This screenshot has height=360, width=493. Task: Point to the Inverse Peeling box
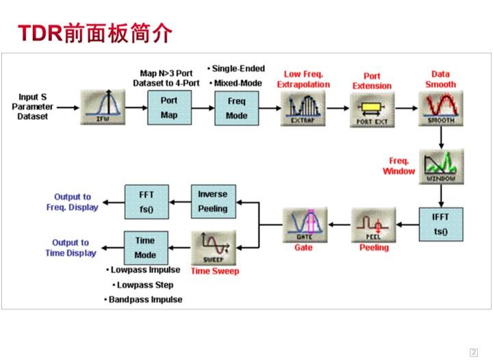213,200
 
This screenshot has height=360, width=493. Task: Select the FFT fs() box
146,200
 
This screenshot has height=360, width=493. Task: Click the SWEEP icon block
213,248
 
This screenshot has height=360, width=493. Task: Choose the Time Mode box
146,247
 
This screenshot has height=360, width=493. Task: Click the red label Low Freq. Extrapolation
303,79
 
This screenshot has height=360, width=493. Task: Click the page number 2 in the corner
473,352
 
